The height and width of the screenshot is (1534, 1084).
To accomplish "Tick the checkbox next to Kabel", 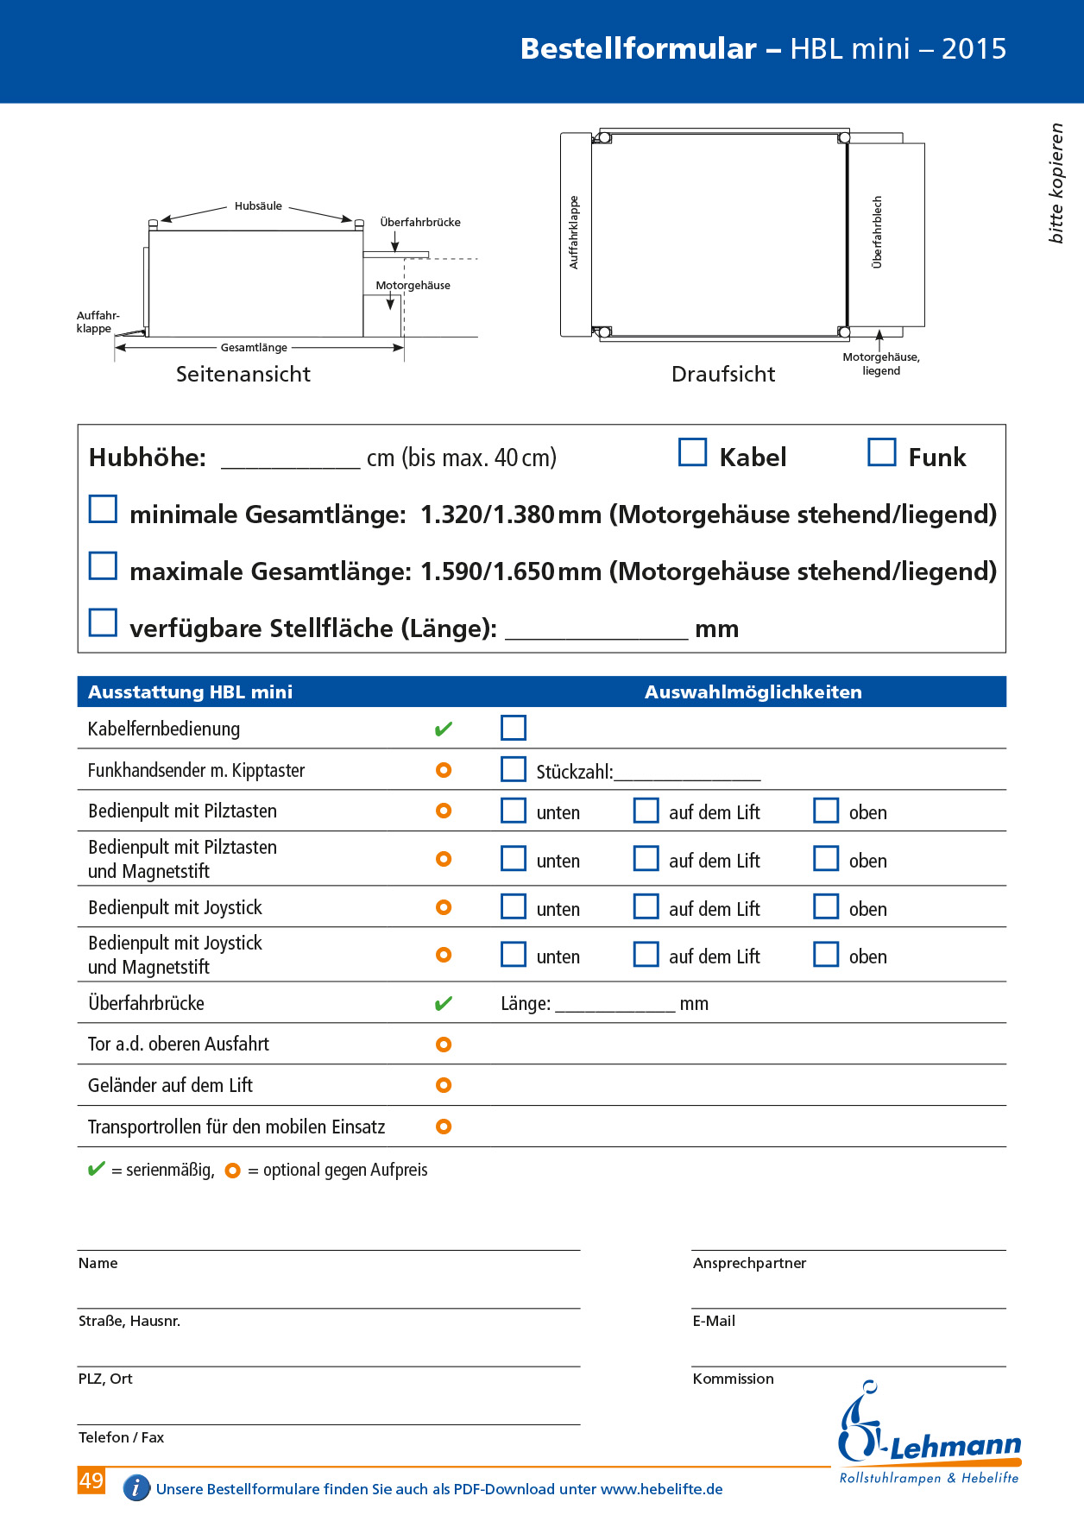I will pos(692,452).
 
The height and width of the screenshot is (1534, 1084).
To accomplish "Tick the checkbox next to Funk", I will pos(881,452).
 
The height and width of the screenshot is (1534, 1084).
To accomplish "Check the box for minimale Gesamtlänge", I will pos(104,509).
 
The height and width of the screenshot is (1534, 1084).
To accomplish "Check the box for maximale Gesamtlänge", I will pos(104,566).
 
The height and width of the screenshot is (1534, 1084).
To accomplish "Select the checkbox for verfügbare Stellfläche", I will pos(104,622).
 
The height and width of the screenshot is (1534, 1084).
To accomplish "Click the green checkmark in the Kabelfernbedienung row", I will pos(444,729).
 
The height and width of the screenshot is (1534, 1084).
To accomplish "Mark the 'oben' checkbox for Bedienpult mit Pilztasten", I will pos(826,811).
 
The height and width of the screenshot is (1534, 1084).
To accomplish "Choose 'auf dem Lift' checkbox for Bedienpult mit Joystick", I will pos(646,906).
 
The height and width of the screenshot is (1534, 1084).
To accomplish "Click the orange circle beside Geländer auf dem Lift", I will pos(444,1085).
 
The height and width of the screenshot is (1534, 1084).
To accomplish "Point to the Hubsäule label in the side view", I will pos(258,206).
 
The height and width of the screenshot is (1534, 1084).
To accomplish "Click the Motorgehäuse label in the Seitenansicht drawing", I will pos(413,286).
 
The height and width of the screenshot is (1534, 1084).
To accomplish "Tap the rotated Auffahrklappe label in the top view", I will pos(574,232).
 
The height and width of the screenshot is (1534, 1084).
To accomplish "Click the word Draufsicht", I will pos(723,374).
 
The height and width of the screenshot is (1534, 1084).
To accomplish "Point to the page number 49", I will pos(91,1480).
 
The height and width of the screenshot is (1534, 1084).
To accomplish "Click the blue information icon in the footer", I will pos(136,1488).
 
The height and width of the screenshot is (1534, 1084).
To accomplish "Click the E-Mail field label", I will pos(714,1321).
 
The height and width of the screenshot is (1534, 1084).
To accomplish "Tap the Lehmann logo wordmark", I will pos(955,1448).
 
